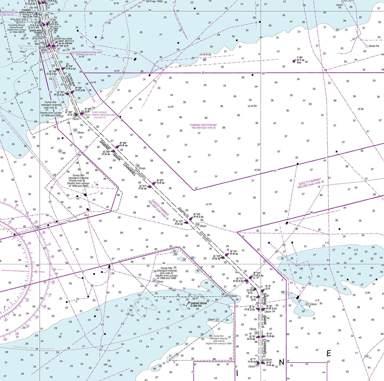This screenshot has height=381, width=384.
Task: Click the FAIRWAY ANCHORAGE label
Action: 203,126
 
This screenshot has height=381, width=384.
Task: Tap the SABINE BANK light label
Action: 198,304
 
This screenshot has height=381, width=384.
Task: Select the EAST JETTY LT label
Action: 66,42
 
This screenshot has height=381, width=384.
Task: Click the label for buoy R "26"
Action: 123,144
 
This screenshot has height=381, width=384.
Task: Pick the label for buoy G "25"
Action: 107,153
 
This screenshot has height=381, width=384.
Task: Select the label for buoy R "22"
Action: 160,182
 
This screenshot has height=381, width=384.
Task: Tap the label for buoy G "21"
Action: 143,187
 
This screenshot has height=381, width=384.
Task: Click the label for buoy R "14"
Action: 234,252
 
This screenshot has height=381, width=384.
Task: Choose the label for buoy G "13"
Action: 217,257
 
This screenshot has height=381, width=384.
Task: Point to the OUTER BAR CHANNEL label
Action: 71,79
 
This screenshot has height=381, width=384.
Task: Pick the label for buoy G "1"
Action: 252,360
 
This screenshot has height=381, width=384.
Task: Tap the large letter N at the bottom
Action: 281,362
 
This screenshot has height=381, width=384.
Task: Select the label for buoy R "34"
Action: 71,67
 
